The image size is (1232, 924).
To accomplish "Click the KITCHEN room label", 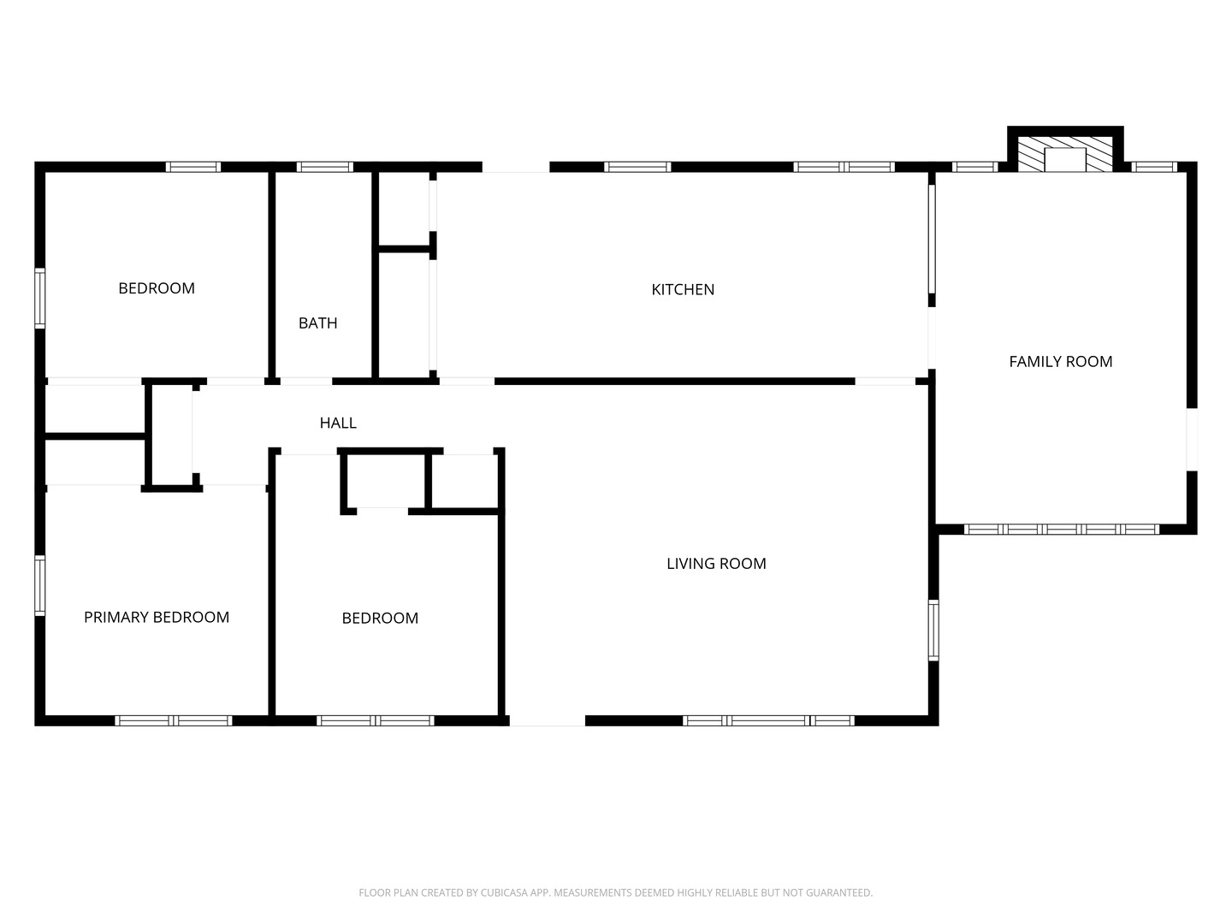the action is pos(683,289).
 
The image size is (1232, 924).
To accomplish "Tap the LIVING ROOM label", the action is pos(716,563).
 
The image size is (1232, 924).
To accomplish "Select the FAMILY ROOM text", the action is pos(1060,362).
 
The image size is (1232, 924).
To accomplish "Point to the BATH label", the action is pos(317,323).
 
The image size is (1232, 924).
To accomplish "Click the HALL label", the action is pos(338,423).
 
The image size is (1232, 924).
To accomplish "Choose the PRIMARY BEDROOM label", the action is pos(157,617).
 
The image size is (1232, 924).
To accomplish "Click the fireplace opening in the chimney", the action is pos(1065,160).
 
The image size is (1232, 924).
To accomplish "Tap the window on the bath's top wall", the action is pos(325,167).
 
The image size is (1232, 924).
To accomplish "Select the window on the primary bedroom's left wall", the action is pos(40,585).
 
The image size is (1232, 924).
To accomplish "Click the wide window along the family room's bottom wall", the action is pos(1062,529).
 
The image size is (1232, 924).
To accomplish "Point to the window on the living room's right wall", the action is pos(933,630).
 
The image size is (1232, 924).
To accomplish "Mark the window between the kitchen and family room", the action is pos(931,240).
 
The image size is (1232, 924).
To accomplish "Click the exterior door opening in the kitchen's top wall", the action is pos(515,167).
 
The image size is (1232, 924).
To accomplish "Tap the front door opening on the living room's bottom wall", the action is pos(548,721).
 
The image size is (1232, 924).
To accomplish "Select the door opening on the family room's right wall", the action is pos(1192,439).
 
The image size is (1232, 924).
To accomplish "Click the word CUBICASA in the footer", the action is pos(500,892).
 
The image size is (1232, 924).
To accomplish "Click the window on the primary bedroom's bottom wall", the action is pos(174,721).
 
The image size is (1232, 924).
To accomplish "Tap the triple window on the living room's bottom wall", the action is pos(768,721).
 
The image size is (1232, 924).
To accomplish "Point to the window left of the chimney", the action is pos(975,167).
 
